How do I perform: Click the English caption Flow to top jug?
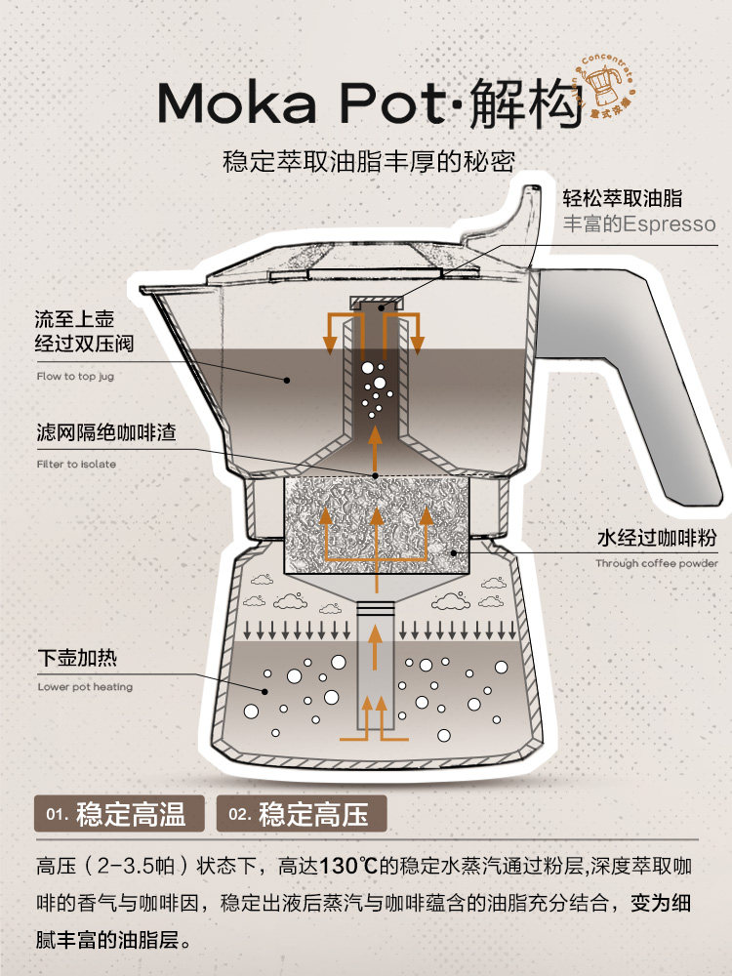76,376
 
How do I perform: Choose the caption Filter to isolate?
76,465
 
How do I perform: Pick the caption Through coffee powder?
657,564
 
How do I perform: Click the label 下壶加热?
77,657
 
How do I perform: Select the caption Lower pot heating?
85,687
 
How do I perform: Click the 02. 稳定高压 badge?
306,814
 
